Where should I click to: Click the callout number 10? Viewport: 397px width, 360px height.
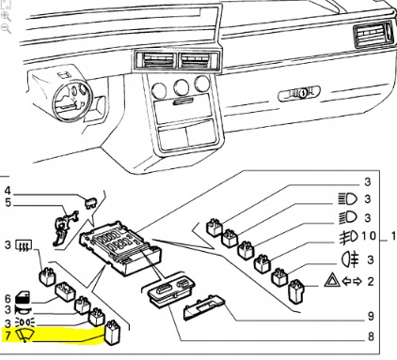(367, 234)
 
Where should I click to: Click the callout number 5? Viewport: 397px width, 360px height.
(8, 202)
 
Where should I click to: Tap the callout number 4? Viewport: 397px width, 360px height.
(8, 191)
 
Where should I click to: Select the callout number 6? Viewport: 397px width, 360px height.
(8, 294)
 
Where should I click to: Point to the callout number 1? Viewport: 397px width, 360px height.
(391, 234)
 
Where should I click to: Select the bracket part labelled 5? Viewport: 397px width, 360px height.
(66, 223)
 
